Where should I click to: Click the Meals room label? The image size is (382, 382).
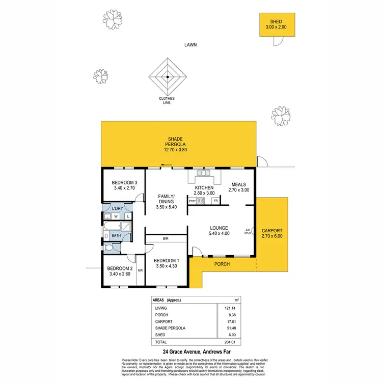pyautogui.click(x=239, y=187)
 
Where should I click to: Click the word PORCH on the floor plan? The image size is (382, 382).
pyautogui.click(x=222, y=264)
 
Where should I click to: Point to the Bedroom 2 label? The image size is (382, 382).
pyautogui.click(x=120, y=271)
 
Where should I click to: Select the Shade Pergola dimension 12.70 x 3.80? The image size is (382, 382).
pyautogui.click(x=176, y=150)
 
